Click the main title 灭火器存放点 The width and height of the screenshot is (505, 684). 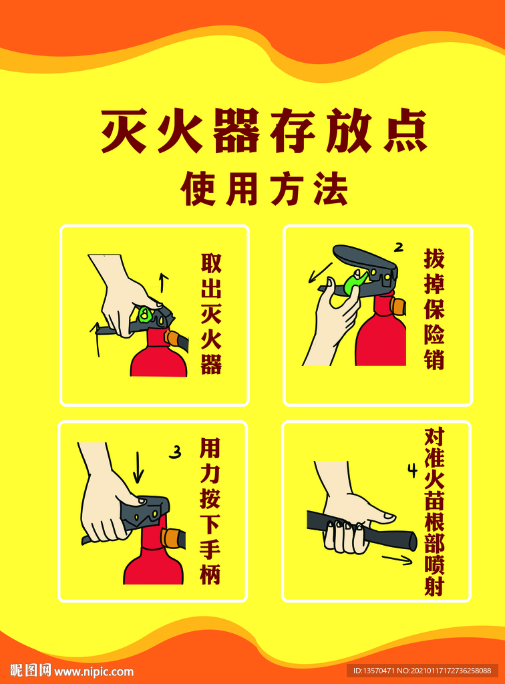coord(264,131)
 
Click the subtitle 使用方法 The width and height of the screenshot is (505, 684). coord(265,188)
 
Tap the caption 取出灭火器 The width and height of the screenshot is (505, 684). coord(211,313)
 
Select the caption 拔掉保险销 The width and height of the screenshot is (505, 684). coord(434,309)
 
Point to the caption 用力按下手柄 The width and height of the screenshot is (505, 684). coord(210,510)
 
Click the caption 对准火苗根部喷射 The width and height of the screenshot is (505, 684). coord(434,511)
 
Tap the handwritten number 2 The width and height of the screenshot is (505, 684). coord(398,248)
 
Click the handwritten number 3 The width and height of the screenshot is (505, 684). coord(175,452)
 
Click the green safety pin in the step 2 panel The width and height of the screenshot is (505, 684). coord(353,283)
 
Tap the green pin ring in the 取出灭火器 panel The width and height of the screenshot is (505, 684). coord(145,314)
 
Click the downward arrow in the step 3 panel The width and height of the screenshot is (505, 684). coord(138,467)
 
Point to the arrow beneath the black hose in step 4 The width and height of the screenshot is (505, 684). coord(397,560)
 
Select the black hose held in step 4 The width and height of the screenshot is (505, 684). coord(362,530)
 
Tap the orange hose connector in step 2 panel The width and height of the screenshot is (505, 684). coord(397,306)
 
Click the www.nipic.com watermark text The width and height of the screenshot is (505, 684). coord(94,671)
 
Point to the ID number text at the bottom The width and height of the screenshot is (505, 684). coord(422,671)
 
